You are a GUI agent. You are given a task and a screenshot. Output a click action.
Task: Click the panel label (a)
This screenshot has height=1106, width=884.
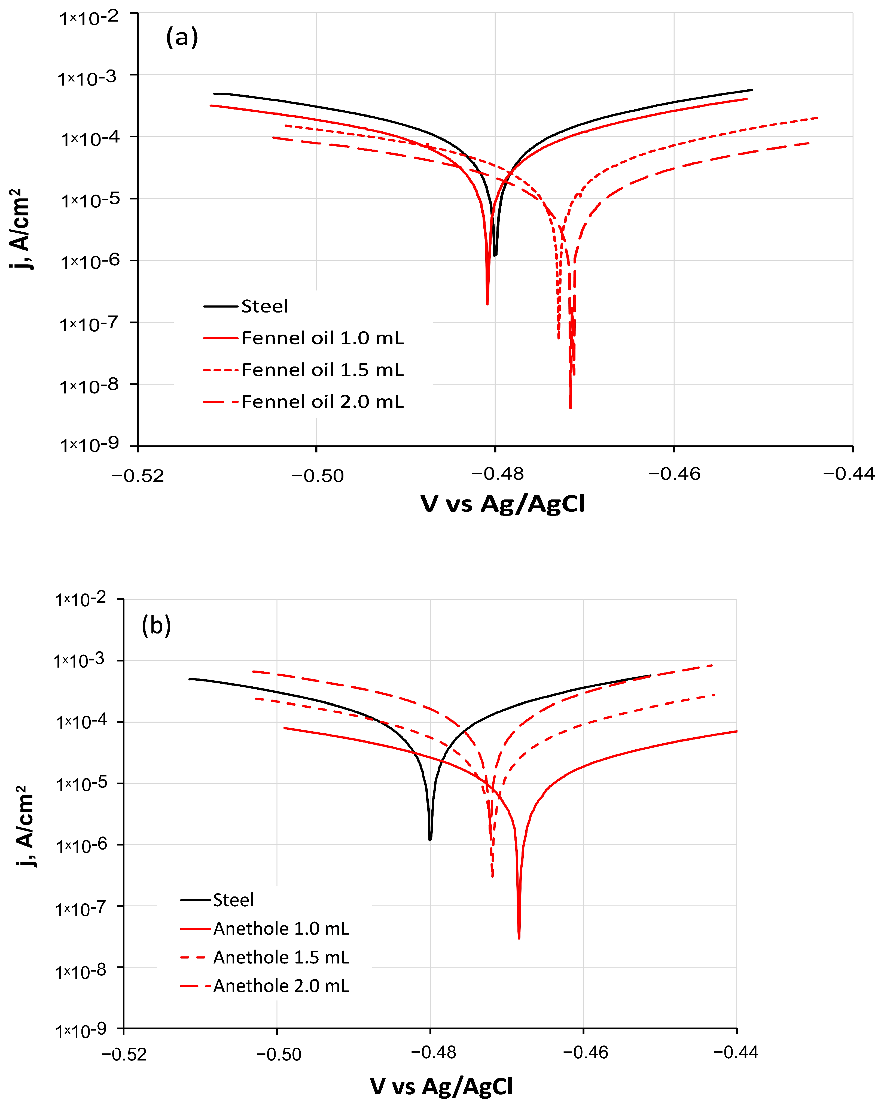tap(182, 37)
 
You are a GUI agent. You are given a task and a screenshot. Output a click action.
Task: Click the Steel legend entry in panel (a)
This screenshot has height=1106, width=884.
tap(265, 306)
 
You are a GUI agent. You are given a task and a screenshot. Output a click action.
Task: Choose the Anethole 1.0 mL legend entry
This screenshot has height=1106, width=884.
tap(281, 929)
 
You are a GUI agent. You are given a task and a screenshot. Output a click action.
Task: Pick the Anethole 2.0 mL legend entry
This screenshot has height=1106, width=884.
tap(281, 986)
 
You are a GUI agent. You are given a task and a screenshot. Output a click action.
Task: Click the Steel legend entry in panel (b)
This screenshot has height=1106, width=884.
tap(233, 900)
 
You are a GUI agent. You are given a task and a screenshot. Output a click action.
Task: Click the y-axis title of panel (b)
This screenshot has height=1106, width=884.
tap(25, 826)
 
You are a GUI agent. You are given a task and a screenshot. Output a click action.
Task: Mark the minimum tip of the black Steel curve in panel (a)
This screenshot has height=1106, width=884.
tap(495, 255)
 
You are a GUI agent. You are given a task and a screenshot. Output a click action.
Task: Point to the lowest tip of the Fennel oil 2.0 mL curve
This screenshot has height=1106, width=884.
tap(570, 408)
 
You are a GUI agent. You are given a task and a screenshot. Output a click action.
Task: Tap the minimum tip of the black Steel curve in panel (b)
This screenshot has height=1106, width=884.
tap(430, 840)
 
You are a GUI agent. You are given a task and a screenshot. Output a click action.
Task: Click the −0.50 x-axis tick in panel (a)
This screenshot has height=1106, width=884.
tap(317, 475)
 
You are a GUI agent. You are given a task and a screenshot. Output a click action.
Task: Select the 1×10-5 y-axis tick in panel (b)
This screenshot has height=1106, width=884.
tap(81, 784)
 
